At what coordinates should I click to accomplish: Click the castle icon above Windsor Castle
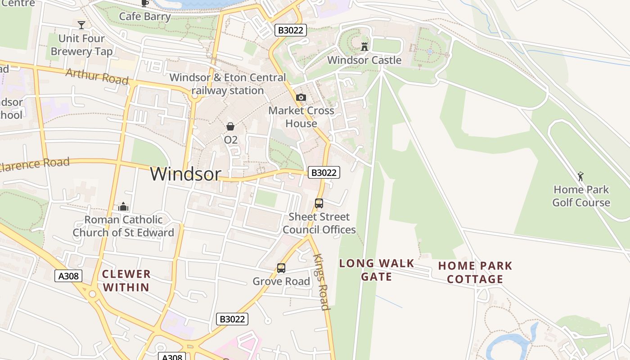click(364, 46)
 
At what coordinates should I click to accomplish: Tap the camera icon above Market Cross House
click(301, 97)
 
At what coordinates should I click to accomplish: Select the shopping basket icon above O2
click(230, 126)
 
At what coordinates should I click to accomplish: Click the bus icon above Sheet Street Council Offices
click(319, 203)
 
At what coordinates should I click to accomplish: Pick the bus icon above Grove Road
click(281, 268)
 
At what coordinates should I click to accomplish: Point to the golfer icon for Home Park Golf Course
click(580, 176)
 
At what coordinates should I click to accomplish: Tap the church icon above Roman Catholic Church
click(123, 207)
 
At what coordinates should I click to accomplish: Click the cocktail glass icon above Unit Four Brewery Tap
click(81, 25)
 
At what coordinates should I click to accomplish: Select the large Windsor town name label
click(185, 174)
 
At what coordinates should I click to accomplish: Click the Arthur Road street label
click(97, 76)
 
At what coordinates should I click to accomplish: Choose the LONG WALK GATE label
click(377, 270)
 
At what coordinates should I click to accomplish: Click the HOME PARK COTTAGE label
click(475, 272)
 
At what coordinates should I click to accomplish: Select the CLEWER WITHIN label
click(126, 280)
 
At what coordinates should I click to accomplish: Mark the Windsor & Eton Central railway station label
click(228, 84)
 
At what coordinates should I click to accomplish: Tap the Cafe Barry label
click(145, 17)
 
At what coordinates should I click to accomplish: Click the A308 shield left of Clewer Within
click(69, 276)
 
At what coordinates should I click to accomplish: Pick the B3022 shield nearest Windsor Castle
click(291, 30)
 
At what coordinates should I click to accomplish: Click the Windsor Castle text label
click(364, 60)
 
